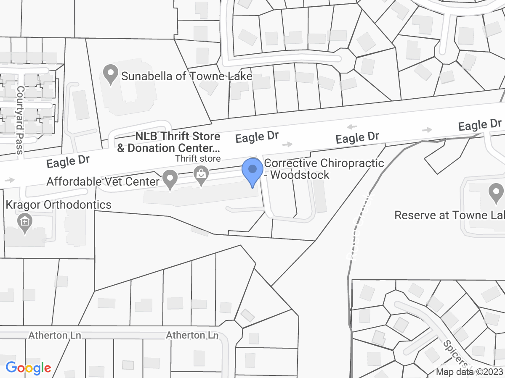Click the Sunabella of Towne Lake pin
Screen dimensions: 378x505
tap(110, 75)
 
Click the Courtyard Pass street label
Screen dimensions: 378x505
tap(20, 120)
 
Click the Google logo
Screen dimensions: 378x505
tap(28, 368)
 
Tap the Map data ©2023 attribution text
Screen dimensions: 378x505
tap(469, 372)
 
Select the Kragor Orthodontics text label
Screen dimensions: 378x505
tap(58, 205)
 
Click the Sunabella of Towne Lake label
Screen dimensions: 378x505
tap(186, 76)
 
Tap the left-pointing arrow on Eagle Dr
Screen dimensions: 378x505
tap(352, 127)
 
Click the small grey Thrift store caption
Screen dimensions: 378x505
tap(198, 158)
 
